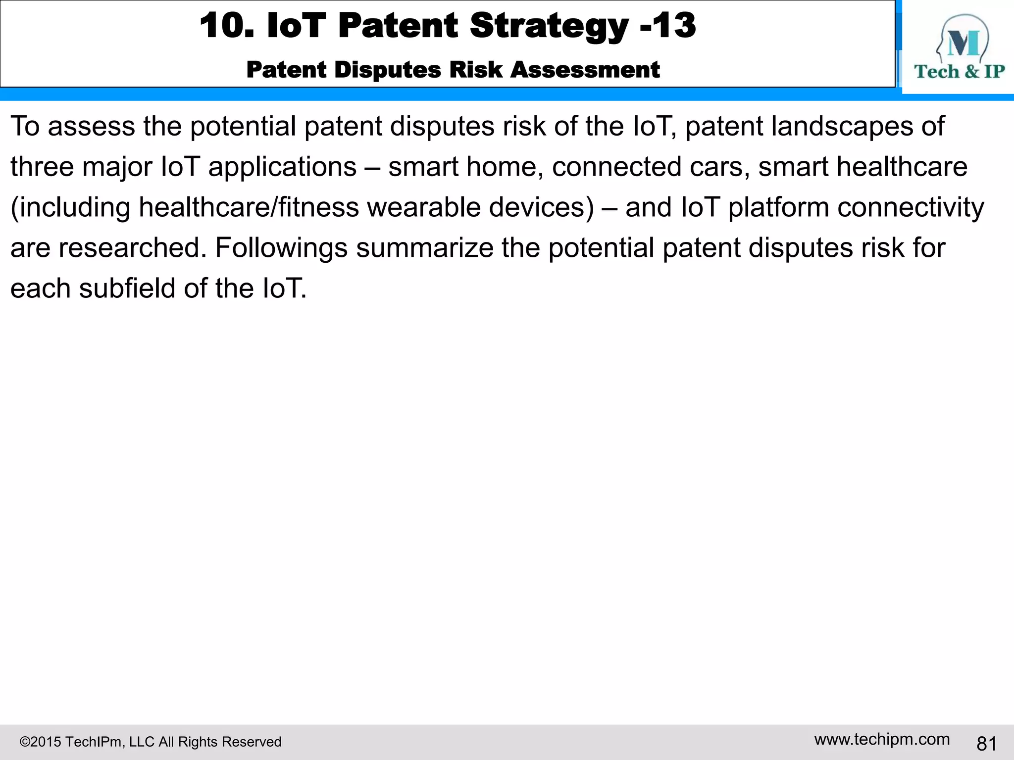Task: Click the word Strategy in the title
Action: (549, 26)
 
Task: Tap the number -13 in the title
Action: (668, 26)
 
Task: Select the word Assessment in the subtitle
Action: (585, 70)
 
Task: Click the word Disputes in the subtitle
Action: (387, 70)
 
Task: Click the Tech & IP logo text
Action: (959, 72)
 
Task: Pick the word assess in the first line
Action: (91, 126)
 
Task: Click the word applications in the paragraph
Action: (282, 167)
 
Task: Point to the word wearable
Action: (423, 207)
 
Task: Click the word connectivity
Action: (911, 207)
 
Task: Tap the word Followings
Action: (281, 248)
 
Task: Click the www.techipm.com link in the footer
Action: (882, 740)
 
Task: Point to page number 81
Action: (986, 744)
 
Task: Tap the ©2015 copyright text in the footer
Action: (150, 742)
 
